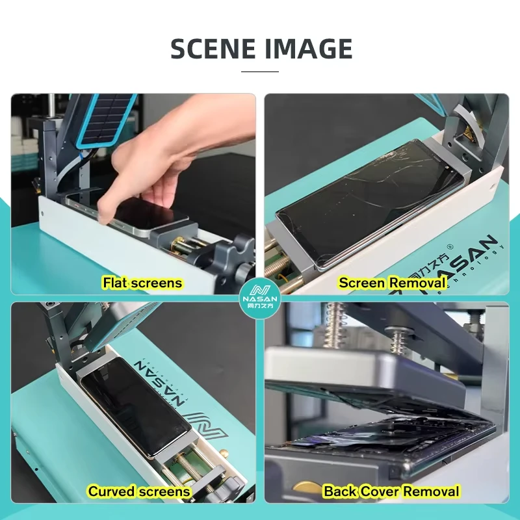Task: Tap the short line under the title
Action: point(260,71)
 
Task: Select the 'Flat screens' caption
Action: point(142,283)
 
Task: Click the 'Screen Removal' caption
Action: point(392,283)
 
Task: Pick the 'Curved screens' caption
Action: point(139,491)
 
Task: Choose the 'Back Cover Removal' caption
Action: point(391,491)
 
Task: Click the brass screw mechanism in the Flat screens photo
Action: point(185,250)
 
